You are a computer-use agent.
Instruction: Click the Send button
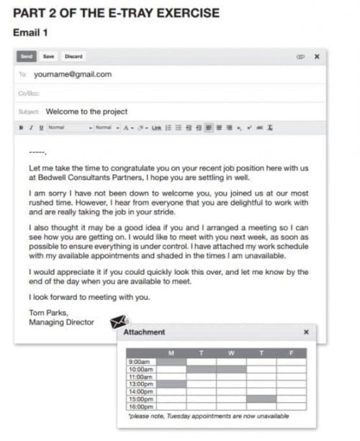27,56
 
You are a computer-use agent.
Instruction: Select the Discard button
73,56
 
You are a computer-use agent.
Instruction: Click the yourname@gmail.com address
73,74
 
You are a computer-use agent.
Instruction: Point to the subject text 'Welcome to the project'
86,112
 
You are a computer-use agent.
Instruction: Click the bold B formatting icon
22,128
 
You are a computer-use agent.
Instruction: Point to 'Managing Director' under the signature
61,322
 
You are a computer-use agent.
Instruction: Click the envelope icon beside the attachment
120,322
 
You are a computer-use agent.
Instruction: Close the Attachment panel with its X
306,332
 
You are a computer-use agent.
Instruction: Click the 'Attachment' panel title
144,332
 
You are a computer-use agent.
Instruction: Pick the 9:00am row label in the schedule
138,362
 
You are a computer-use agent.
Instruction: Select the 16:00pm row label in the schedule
140,407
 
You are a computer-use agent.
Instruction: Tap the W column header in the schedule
231,353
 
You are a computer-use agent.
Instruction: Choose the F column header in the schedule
291,353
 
